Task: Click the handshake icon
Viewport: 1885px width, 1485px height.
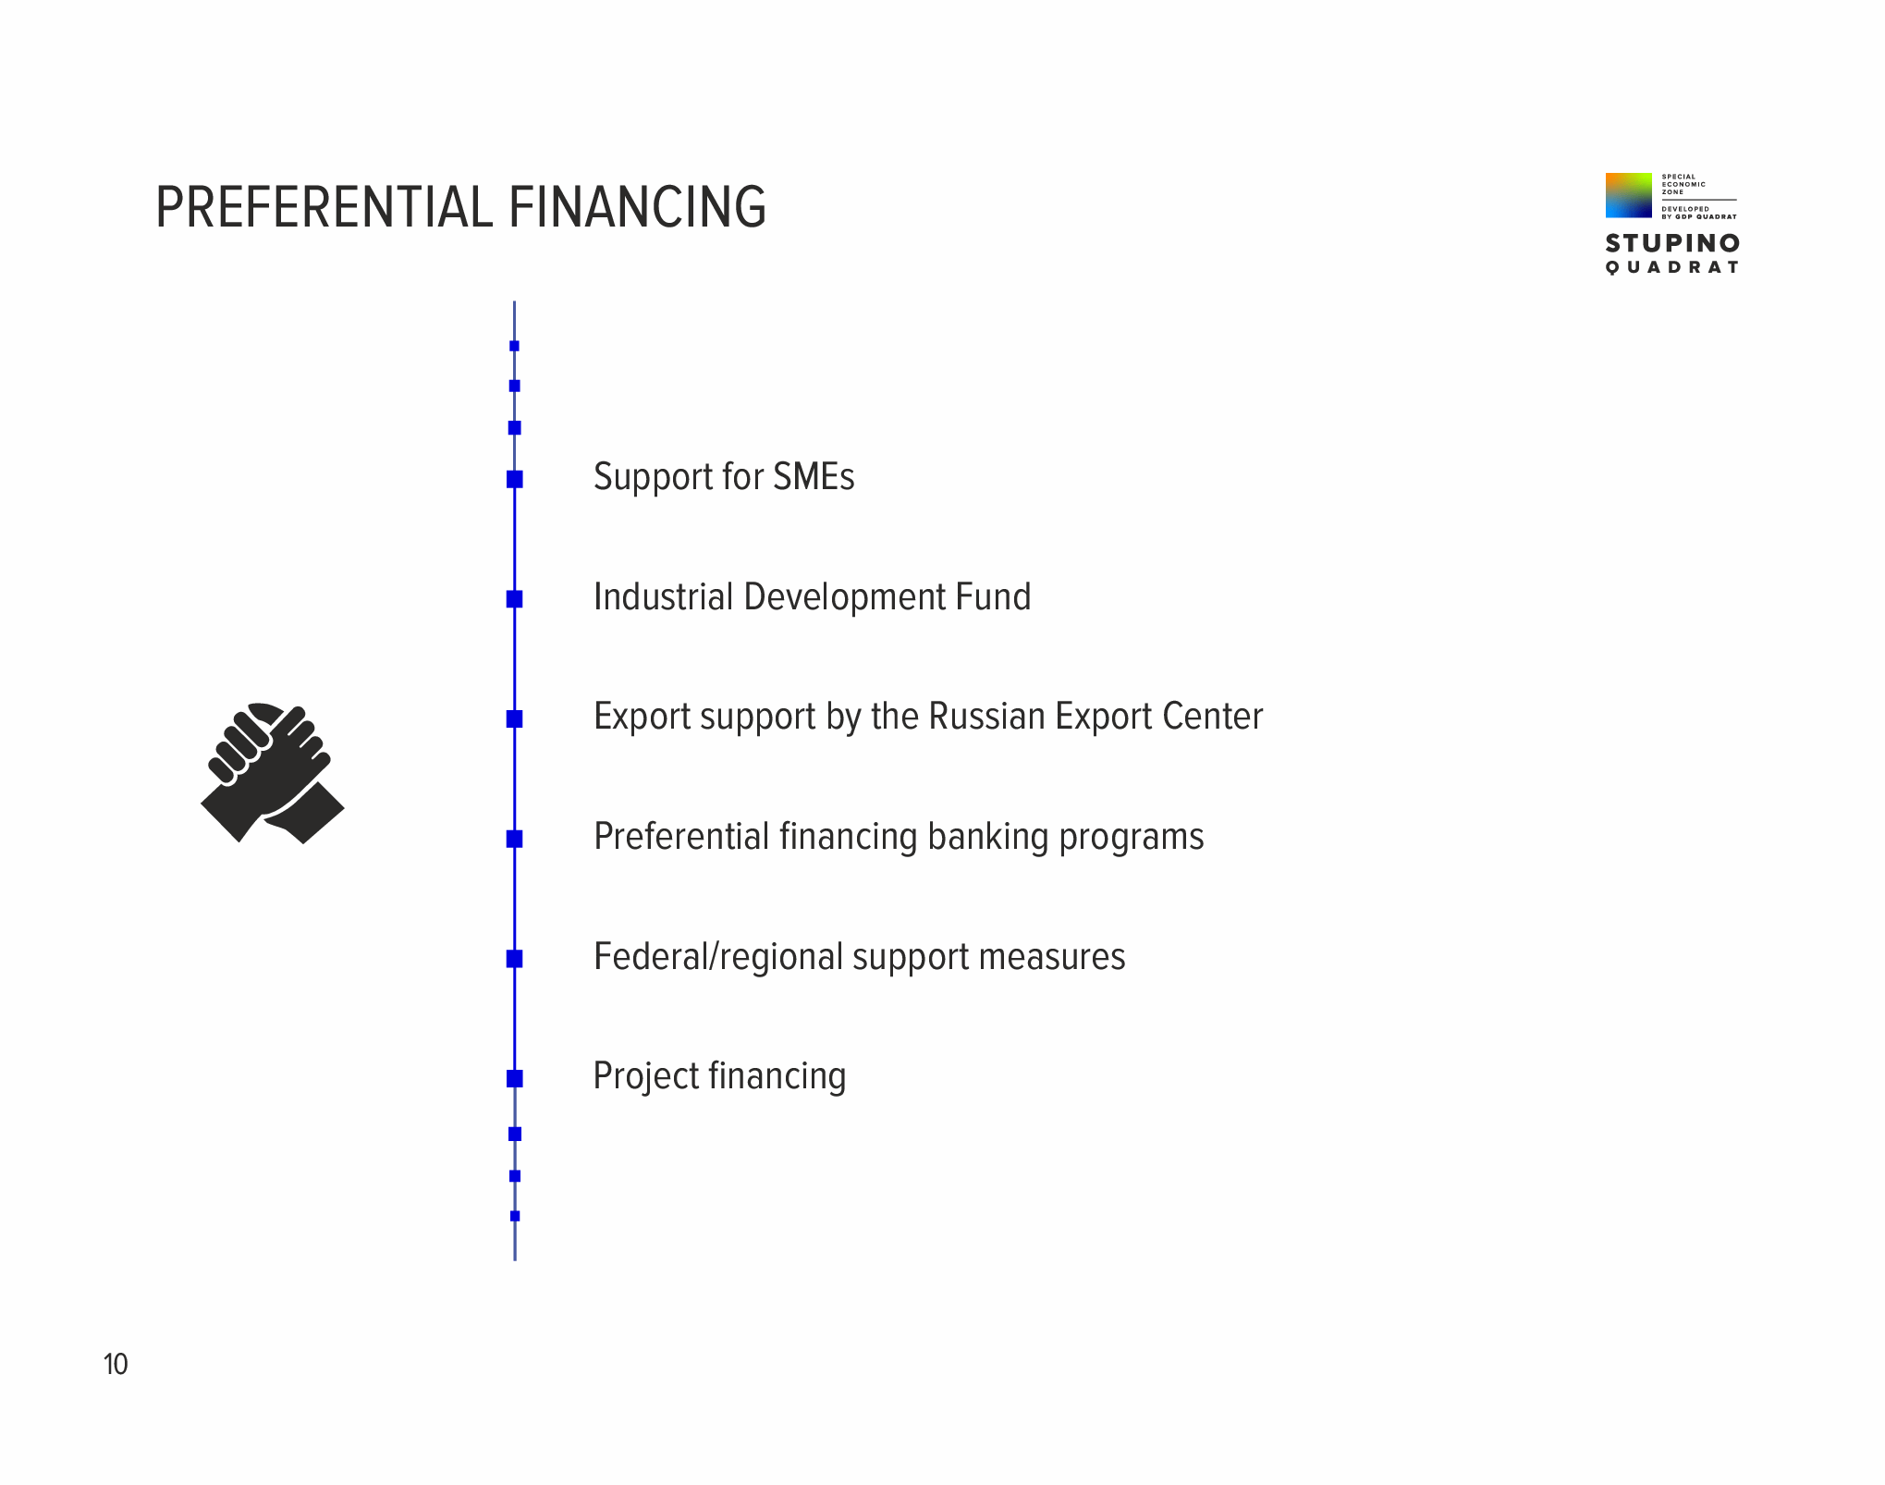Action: point(273,773)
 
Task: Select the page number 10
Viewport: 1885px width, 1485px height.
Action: point(116,1364)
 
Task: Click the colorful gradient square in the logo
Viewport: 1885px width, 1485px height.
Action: point(1628,195)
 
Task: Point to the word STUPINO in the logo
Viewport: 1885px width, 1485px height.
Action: point(1672,243)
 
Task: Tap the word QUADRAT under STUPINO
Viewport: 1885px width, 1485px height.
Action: point(1672,267)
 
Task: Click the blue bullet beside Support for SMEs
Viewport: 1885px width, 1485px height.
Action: point(515,479)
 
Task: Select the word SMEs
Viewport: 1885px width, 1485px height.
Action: point(814,477)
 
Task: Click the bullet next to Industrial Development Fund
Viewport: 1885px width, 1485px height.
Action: point(515,599)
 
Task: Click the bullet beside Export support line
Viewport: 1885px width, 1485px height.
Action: point(515,718)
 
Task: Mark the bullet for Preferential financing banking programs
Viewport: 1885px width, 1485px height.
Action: point(515,839)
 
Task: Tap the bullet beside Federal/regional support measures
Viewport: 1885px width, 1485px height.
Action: point(515,959)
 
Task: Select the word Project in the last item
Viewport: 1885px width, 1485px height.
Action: point(646,1077)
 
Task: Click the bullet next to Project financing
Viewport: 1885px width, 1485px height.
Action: point(515,1078)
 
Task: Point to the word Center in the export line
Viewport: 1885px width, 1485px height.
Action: point(1212,717)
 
